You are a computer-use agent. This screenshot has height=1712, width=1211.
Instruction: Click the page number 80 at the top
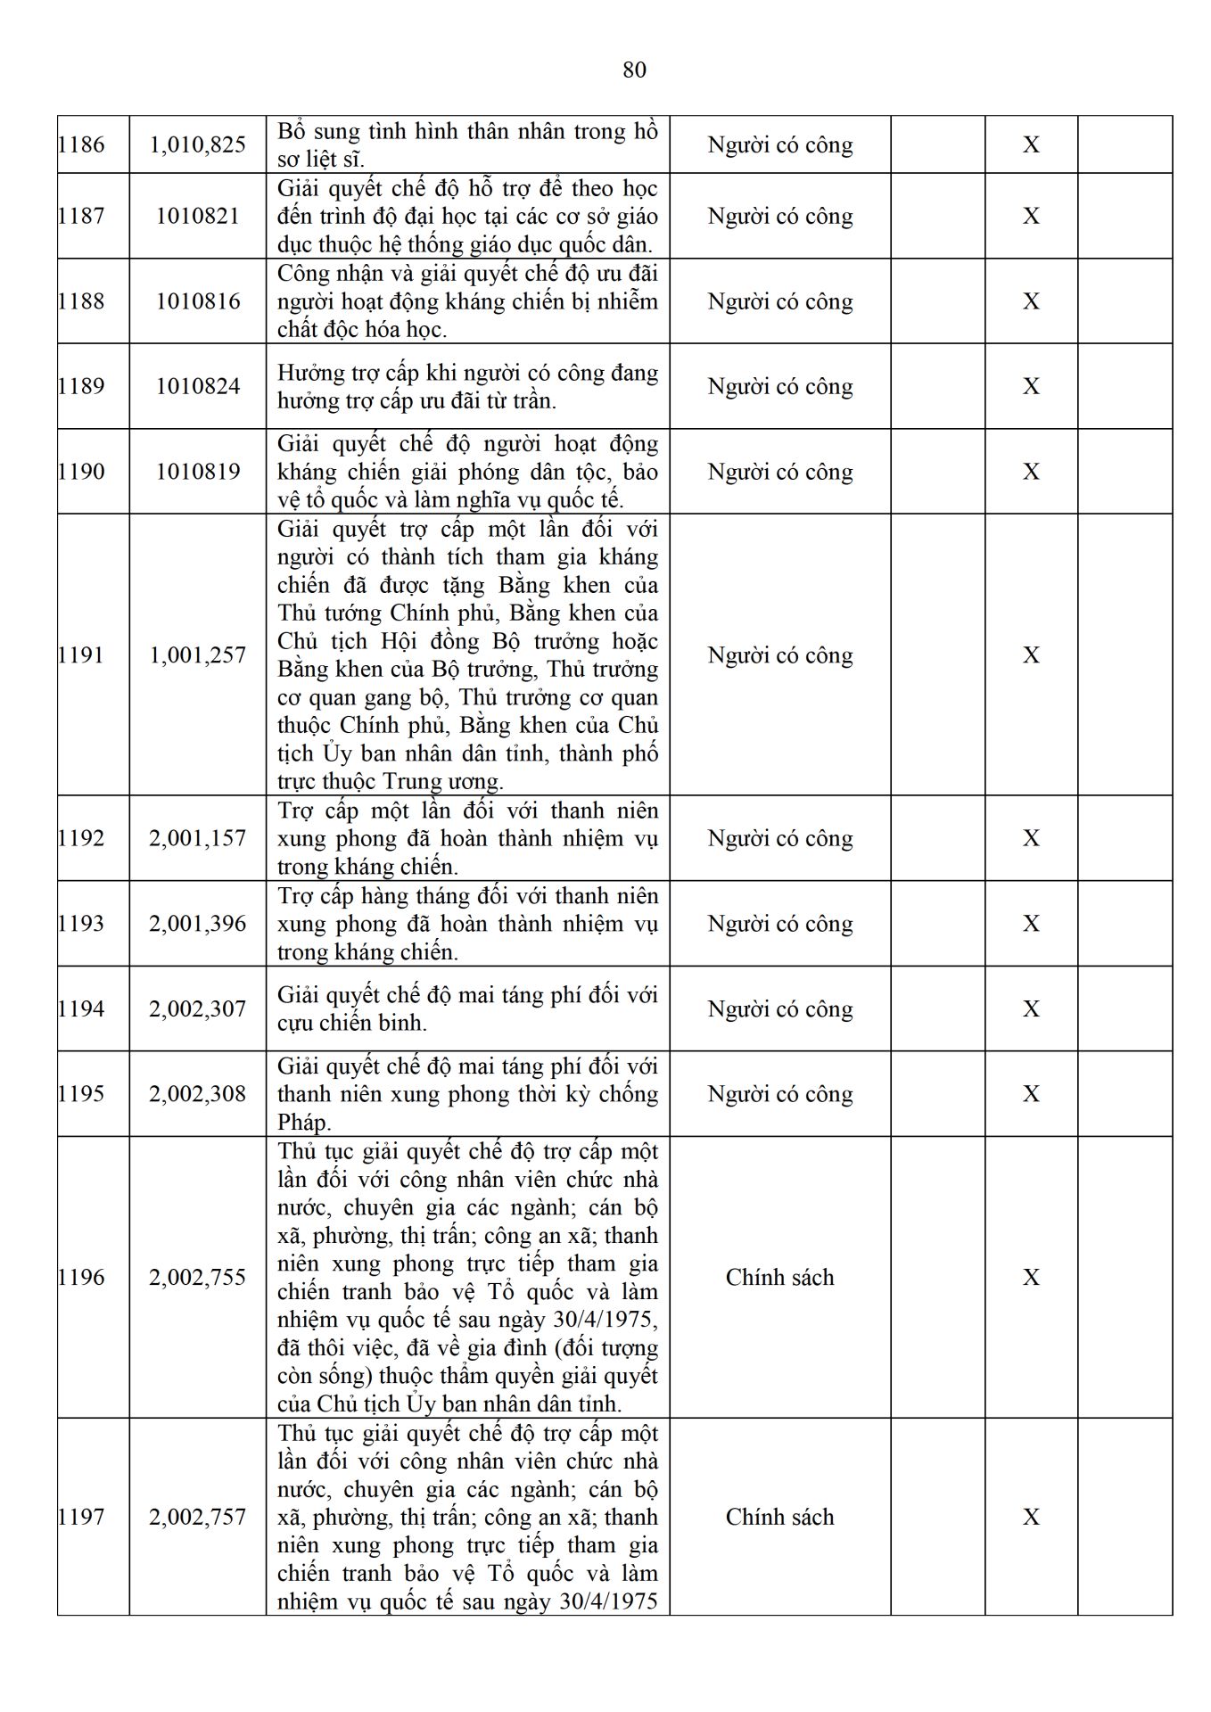click(x=634, y=70)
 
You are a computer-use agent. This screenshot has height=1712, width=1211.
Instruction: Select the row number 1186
click(x=81, y=144)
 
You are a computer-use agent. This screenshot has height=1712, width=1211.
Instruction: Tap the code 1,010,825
click(x=197, y=144)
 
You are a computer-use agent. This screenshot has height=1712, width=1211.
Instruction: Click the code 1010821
click(x=197, y=216)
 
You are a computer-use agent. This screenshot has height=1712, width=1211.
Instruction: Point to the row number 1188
click(x=81, y=301)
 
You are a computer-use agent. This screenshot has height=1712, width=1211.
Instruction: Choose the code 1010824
click(x=197, y=386)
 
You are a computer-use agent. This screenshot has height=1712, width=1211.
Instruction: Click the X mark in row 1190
click(x=1030, y=472)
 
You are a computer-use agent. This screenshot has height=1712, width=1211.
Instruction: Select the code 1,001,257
click(x=197, y=655)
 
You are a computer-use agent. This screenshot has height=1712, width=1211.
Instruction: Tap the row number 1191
click(x=81, y=655)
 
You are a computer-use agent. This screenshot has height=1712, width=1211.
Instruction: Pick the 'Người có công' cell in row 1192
click(x=779, y=838)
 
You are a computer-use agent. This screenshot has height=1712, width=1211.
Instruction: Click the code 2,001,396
click(x=197, y=924)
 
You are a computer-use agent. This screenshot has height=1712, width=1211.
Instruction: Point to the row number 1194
click(x=81, y=1008)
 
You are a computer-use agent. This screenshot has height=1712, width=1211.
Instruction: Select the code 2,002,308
click(x=197, y=1094)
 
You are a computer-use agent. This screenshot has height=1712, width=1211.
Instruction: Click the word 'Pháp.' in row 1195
click(x=304, y=1123)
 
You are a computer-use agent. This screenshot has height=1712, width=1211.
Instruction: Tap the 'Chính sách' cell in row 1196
click(x=779, y=1278)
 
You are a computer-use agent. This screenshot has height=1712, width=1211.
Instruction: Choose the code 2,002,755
click(x=197, y=1278)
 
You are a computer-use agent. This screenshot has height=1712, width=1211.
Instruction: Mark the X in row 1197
click(x=1030, y=1517)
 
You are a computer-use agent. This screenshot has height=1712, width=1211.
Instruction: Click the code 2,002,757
click(x=197, y=1517)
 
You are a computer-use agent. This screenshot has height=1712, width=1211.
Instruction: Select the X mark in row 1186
click(x=1030, y=144)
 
